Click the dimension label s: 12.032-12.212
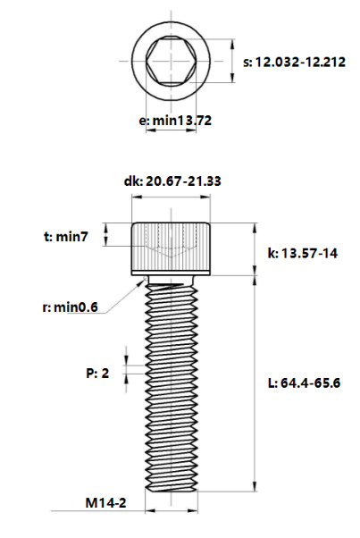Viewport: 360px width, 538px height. tap(294, 62)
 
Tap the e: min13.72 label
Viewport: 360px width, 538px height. tap(175, 121)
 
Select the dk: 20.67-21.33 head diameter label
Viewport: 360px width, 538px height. tap(172, 181)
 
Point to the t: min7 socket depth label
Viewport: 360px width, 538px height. tap(66, 237)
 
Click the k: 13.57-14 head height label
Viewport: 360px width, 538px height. tap(303, 253)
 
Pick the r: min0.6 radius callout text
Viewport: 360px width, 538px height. tap(71, 307)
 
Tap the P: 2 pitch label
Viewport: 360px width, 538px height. tap(97, 373)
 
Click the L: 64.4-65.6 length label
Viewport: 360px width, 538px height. tap(304, 382)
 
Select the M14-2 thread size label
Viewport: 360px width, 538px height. tap(105, 503)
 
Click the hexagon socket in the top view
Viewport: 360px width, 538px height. tap(172, 61)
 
